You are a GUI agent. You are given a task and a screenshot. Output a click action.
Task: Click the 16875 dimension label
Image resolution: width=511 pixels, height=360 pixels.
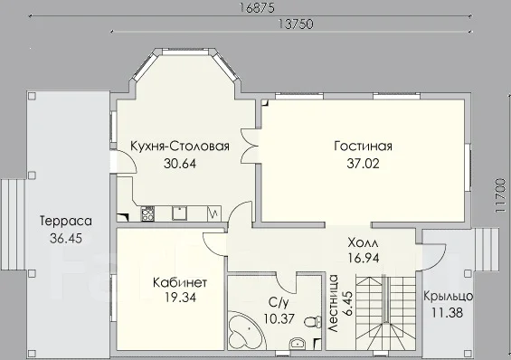pos(257,8)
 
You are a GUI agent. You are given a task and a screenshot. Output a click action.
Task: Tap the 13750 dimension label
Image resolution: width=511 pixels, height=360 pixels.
pos(296,24)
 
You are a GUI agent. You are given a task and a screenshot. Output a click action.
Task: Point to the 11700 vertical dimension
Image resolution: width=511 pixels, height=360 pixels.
pos(500,195)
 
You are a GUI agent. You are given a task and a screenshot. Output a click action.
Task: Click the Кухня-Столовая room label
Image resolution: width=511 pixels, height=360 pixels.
pos(180,146)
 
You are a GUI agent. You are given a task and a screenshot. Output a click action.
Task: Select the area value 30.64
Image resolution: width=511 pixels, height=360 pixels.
pos(180,163)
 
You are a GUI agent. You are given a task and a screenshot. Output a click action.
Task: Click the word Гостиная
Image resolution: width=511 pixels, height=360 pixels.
pos(363,146)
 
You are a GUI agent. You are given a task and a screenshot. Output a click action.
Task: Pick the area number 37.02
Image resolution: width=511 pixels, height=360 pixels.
pos(363,163)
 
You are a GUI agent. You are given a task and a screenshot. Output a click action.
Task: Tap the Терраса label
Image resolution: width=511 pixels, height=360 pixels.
pos(66,221)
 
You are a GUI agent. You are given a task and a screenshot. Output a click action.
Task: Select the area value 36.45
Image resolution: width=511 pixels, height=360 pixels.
pos(66,238)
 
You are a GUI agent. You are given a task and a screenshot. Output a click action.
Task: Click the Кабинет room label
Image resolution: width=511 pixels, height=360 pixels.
pos(180,282)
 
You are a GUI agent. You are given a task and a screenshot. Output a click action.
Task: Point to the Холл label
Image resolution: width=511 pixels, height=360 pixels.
pos(363,243)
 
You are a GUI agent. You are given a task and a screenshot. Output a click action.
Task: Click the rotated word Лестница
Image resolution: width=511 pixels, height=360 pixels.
pos(333,304)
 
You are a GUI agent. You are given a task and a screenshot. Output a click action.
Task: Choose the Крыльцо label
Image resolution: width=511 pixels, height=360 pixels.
pos(448,296)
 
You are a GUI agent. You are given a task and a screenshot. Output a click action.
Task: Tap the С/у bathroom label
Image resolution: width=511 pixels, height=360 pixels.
pos(279,303)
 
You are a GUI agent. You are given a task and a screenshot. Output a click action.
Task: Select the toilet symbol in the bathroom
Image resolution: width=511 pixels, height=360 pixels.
pos(312,322)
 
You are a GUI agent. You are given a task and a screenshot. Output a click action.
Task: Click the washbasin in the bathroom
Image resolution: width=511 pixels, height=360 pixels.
pos(297,344)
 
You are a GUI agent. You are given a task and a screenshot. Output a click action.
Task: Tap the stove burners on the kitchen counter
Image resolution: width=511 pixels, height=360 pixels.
pos(147,213)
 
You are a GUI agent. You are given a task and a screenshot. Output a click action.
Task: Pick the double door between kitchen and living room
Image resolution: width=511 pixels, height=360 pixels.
pos(249,147)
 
